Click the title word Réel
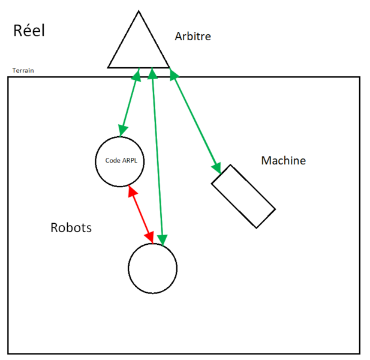29,31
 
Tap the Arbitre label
192,37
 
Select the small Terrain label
23,71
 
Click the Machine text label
283,161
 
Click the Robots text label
71,228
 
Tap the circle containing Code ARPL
121,161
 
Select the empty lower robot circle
153,268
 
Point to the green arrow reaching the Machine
195,120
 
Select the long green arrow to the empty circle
157,156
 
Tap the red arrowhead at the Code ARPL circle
131,191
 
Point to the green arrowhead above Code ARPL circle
123,130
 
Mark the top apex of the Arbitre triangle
139,11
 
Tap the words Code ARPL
121,161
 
